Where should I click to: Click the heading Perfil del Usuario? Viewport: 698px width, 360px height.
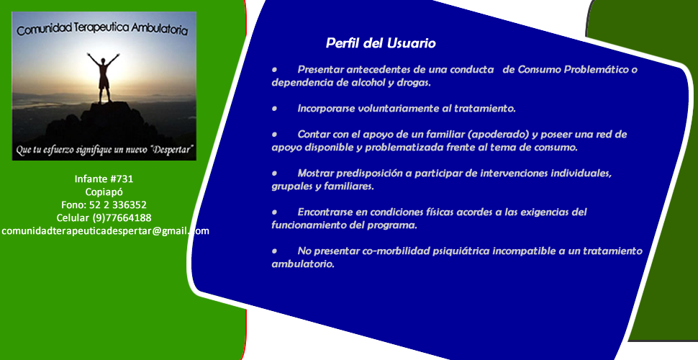pyautogui.click(x=381, y=43)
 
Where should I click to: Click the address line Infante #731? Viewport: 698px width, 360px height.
pyautogui.click(x=104, y=179)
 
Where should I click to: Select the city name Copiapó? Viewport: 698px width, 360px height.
pyautogui.click(x=104, y=192)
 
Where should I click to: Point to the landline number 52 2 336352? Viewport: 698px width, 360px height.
pyautogui.click(x=117, y=205)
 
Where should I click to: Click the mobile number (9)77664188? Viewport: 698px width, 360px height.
pyautogui.click(x=122, y=218)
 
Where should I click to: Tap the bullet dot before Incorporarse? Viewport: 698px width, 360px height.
pyautogui.click(x=275, y=109)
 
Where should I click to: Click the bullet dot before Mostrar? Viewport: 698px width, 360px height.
pyautogui.click(x=275, y=174)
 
